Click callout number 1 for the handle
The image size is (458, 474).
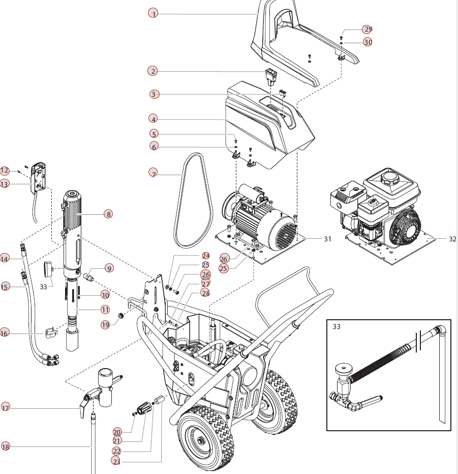tap(154, 14)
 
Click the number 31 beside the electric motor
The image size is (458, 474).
tap(327, 238)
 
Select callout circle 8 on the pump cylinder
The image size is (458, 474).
tap(108, 214)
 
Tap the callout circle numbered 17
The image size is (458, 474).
tap(6, 408)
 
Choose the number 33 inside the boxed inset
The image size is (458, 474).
tap(337, 326)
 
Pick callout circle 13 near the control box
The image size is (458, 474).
tap(5, 184)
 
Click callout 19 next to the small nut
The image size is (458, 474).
tap(105, 324)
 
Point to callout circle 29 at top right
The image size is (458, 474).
tap(368, 29)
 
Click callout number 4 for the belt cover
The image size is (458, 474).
tap(154, 119)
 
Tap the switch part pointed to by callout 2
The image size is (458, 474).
tap(270, 76)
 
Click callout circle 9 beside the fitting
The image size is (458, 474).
tap(109, 268)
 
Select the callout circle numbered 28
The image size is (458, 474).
tap(205, 293)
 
